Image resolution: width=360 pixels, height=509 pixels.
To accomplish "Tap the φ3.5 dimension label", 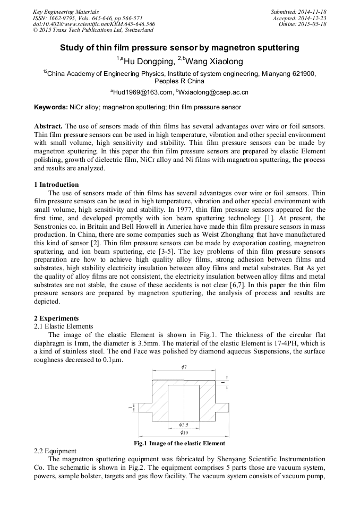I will [184, 425].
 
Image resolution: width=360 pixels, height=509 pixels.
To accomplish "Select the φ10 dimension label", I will [184, 433].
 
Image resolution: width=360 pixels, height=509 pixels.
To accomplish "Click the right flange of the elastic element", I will [222, 407].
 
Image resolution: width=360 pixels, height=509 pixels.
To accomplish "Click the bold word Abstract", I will [48, 126].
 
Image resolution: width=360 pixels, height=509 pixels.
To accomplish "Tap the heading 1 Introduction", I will [56, 185].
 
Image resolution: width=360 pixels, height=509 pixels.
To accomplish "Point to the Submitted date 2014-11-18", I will [298, 11].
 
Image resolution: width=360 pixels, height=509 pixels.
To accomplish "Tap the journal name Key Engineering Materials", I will [66, 11].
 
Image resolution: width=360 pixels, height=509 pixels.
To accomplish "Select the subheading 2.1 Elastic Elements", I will [64, 326].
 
